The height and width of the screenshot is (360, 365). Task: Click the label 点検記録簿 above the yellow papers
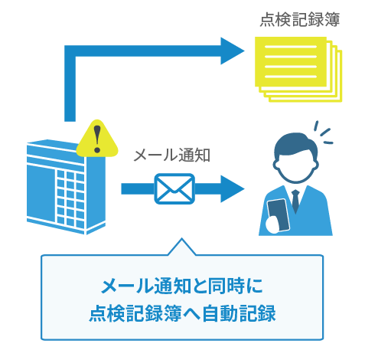[x=300, y=20]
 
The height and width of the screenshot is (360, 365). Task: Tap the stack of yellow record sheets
[x=298, y=69]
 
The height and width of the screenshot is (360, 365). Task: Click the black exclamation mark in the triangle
[x=97, y=139]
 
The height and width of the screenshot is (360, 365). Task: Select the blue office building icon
[x=66, y=187]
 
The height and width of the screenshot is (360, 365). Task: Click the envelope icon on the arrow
[x=174, y=188]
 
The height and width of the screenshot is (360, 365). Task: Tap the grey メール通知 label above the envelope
[x=172, y=155]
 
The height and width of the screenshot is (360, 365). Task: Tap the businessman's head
[x=295, y=158]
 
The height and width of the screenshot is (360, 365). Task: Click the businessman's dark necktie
[x=295, y=201]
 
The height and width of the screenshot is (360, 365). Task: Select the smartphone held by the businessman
[x=279, y=214]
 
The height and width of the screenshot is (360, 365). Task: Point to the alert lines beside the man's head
[x=323, y=133]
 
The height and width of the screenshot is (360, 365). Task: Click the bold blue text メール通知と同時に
[x=182, y=286]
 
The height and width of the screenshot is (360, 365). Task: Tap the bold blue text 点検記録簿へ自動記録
[x=182, y=313]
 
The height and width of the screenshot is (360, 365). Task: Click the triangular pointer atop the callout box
[x=182, y=247]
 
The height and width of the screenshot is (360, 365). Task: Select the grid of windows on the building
[x=70, y=198]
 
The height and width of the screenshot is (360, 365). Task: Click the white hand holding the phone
[x=272, y=224]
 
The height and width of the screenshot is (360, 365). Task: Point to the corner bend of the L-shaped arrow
[x=70, y=51]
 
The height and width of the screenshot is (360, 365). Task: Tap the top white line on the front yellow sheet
[x=291, y=47]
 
